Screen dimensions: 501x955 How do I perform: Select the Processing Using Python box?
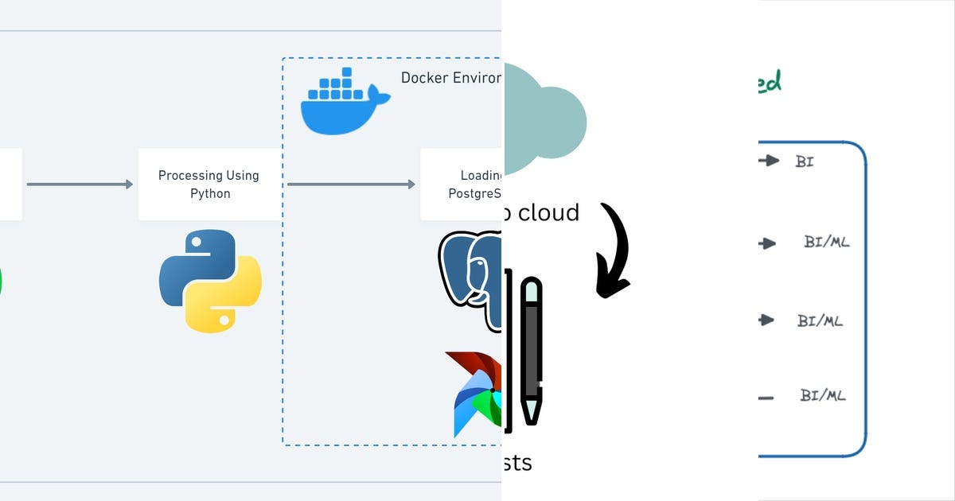coord(209,184)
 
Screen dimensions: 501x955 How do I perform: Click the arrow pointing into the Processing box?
coord(80,184)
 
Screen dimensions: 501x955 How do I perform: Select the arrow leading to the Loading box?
coord(351,184)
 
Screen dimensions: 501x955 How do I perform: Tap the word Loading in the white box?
coord(481,176)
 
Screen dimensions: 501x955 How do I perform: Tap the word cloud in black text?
coord(549,212)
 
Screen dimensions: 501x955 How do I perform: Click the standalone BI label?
coord(805,161)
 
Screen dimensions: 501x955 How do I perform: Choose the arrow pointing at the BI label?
coord(768,161)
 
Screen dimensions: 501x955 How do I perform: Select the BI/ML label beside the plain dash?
coord(823,395)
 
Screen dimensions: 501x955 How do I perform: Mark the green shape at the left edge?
coord(1,282)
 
